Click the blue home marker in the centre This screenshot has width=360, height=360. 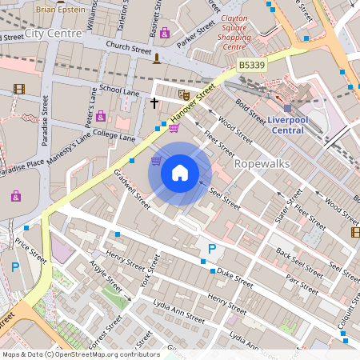tap(180, 172)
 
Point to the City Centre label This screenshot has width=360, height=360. tap(53, 34)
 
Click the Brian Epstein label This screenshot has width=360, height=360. tap(61, 9)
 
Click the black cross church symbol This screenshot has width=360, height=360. tap(155, 102)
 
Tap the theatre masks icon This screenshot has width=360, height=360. tap(183, 94)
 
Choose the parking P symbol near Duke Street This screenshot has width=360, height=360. tap(211, 250)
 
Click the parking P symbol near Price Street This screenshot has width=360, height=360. tap(14, 267)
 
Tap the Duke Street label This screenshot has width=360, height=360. tap(234, 278)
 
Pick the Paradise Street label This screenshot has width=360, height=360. tap(45, 120)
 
